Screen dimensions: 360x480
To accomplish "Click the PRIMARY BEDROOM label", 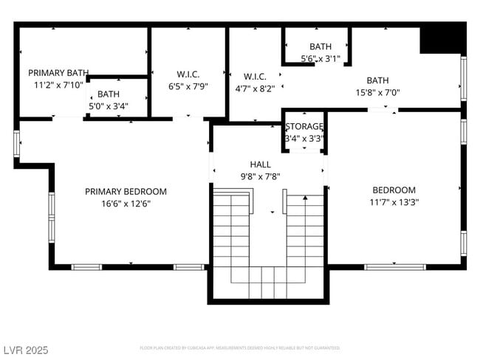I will pyautogui.click(x=126, y=191).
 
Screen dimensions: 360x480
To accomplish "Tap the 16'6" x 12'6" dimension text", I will pyautogui.click(x=126, y=204).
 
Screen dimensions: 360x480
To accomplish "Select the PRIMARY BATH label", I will pyautogui.click(x=58, y=73).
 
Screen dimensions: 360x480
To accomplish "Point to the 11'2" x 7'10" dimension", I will pyautogui.click(x=58, y=86).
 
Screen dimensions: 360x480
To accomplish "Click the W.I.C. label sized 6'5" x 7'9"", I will pyautogui.click(x=188, y=74).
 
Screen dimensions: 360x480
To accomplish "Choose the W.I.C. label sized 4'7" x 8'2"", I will pyautogui.click(x=255, y=76).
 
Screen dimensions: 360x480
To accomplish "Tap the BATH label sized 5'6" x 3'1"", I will pyautogui.click(x=320, y=46).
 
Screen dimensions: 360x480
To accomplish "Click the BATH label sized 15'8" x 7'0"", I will pyautogui.click(x=377, y=80).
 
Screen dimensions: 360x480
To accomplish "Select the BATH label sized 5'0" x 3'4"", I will pyautogui.click(x=109, y=94).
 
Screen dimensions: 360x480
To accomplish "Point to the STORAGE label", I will pyautogui.click(x=305, y=126).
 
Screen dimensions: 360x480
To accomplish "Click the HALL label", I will pyautogui.click(x=260, y=165).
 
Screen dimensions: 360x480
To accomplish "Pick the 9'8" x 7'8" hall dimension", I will pyautogui.click(x=260, y=176).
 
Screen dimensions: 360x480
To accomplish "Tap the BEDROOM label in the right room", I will pyautogui.click(x=394, y=190).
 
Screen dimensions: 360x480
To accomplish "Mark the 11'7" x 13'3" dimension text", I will pyautogui.click(x=394, y=202).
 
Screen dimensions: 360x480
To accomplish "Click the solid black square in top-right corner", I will pyautogui.click(x=442, y=38).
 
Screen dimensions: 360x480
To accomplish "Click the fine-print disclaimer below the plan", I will pyautogui.click(x=240, y=347).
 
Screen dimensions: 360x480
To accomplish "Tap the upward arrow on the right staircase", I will pyautogui.click(x=305, y=198).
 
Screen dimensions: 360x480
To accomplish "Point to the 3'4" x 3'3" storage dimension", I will pyautogui.click(x=305, y=138).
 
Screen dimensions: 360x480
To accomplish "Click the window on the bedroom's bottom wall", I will pyautogui.click(x=394, y=266).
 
